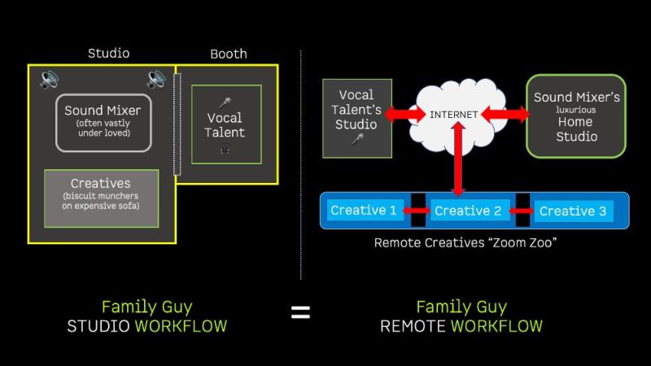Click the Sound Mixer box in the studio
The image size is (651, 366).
tap(103, 123)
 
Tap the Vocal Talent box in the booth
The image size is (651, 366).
tap(225, 124)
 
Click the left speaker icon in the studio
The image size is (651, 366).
tap(50, 80)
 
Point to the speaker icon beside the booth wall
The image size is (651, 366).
tap(156, 80)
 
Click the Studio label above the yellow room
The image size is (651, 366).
tap(108, 54)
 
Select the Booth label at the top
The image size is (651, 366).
tap(229, 54)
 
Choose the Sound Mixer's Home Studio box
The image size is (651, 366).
tap(576, 115)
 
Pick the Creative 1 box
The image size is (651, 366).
tap(364, 211)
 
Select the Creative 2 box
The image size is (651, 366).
tap(468, 211)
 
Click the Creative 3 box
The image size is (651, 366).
tap(573, 211)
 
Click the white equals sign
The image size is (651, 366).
tap(301, 312)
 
